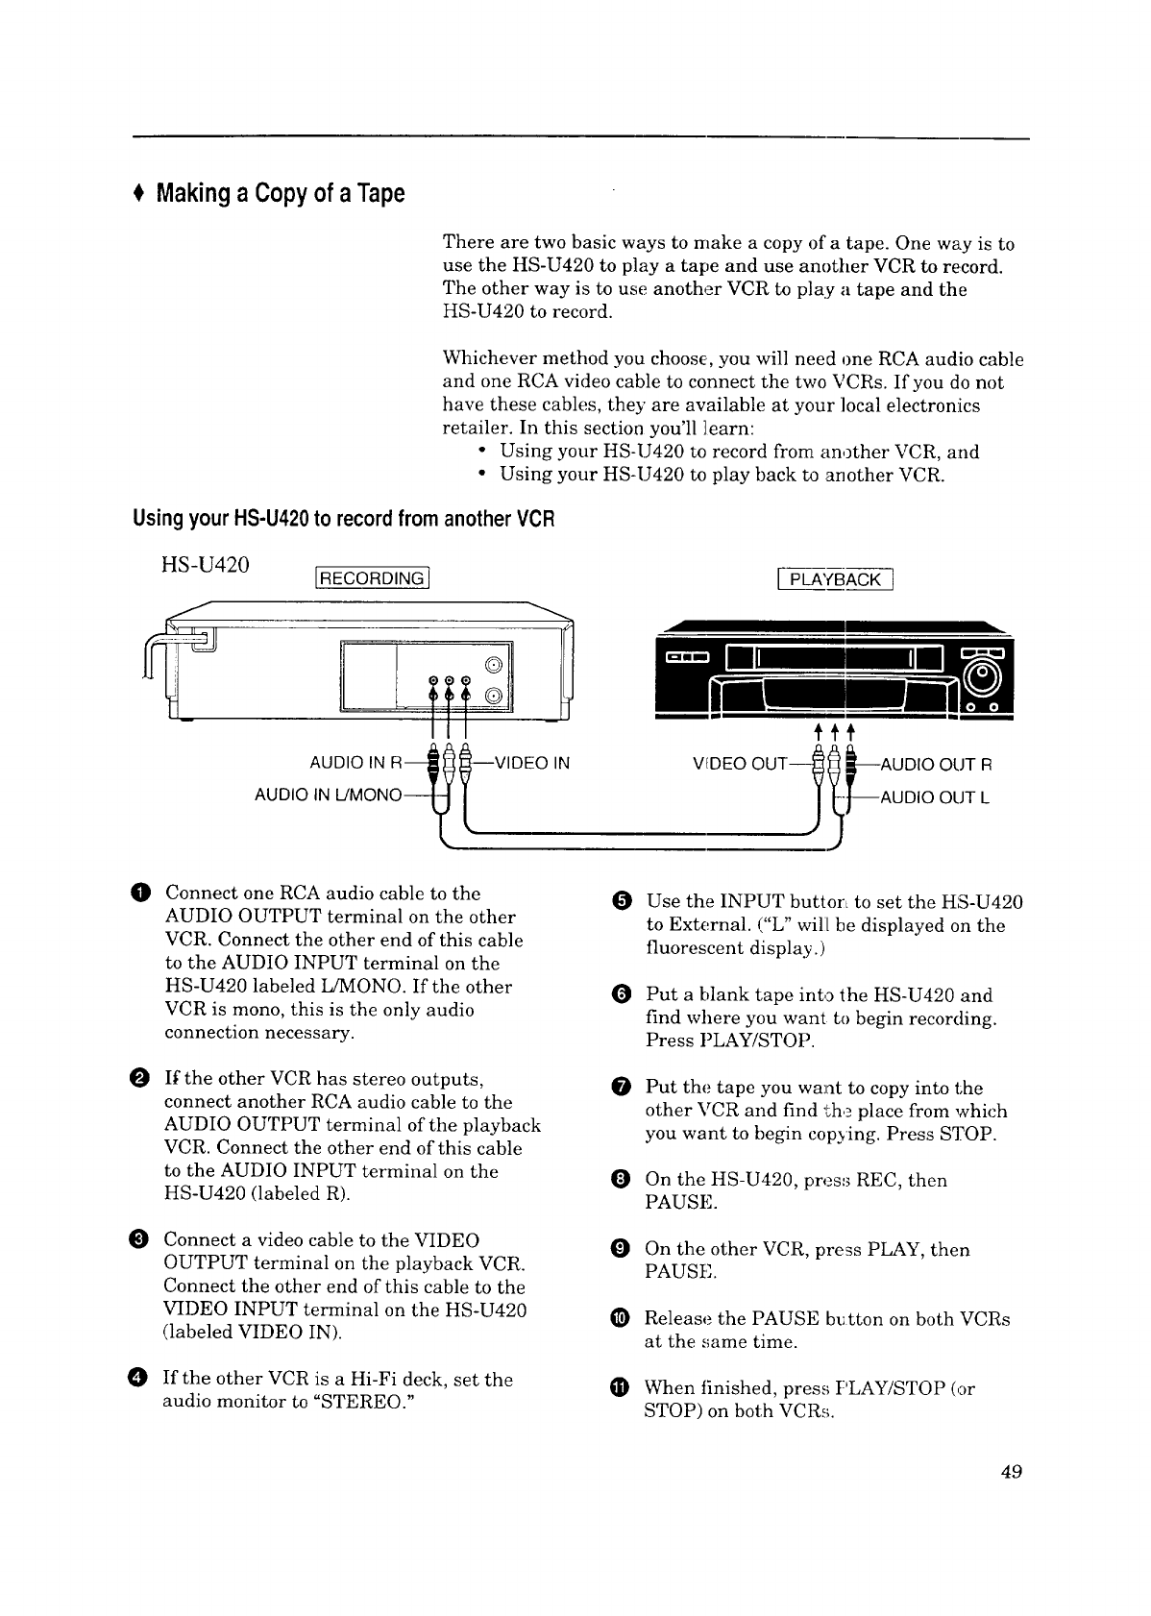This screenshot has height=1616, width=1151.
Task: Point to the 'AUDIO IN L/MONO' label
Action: coord(327,796)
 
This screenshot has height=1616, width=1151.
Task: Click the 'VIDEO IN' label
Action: coord(531,764)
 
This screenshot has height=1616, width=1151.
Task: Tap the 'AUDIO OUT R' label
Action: coord(937,765)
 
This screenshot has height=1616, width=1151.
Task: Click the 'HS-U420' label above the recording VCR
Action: coord(204,566)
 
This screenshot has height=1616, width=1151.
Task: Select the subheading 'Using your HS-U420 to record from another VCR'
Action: coord(344,520)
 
